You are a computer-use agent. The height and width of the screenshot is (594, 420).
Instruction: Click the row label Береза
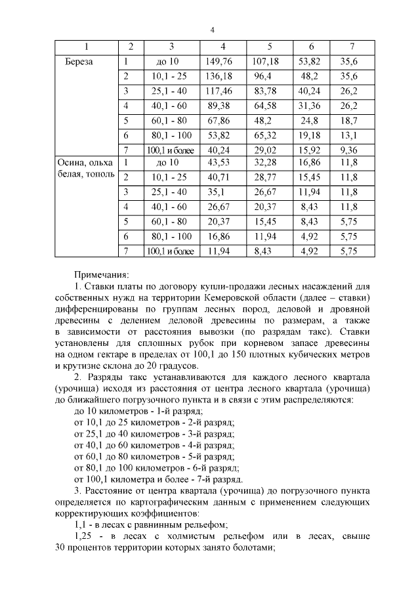(79, 62)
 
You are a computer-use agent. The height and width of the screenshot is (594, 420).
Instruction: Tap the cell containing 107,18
(269, 62)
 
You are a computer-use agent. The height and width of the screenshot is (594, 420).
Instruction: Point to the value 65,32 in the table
(269, 135)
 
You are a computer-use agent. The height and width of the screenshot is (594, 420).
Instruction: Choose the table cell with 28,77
(269, 177)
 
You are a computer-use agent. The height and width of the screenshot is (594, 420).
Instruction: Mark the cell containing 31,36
(310, 106)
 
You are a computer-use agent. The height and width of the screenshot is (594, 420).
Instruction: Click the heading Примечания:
(102, 275)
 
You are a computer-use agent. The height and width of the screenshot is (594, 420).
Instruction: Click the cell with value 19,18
(310, 135)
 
